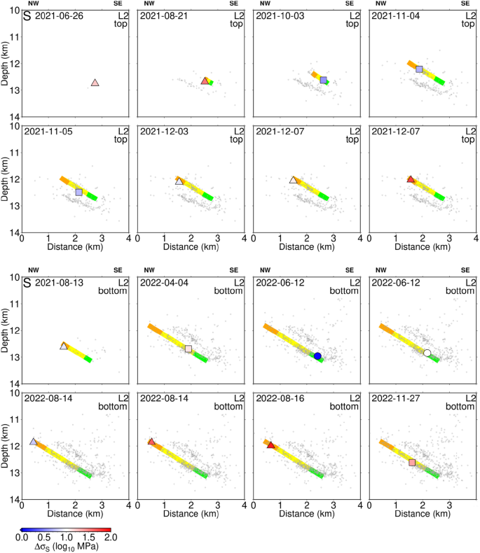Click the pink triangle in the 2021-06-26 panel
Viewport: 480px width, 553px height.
tap(95, 83)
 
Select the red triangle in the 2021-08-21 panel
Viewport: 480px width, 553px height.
tap(205, 81)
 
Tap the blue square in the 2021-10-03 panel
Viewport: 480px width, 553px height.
tap(324, 80)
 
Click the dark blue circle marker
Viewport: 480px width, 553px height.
tap(317, 356)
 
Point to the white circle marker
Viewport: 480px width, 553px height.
tap(427, 353)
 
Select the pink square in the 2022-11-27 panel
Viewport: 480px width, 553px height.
tap(412, 462)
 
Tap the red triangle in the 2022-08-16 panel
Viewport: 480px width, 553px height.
tap(271, 445)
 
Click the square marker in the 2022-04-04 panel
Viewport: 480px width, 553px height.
tap(188, 349)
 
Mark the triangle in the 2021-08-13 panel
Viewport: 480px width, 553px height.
tap(64, 346)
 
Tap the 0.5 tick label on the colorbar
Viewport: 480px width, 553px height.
tap(43, 537)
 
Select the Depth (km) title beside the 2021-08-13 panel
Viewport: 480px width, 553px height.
tap(6, 331)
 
